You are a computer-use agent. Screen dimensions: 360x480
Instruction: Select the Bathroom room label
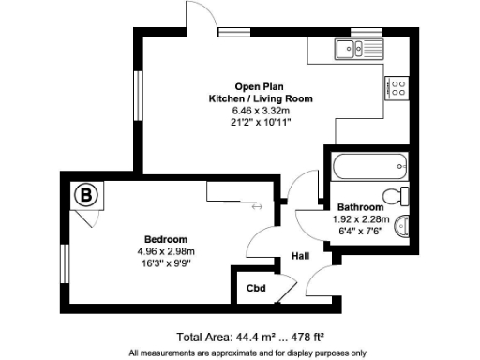point(360,207)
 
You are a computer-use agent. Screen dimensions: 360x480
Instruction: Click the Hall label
point(300,254)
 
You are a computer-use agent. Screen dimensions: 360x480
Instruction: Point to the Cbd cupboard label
point(254,288)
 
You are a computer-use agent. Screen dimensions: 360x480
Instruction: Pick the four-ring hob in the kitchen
point(396,89)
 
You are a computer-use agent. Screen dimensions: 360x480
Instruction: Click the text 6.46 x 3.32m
point(260,110)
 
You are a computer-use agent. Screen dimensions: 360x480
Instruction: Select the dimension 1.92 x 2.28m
point(360,218)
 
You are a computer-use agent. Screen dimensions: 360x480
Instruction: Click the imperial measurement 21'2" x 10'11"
point(260,121)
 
